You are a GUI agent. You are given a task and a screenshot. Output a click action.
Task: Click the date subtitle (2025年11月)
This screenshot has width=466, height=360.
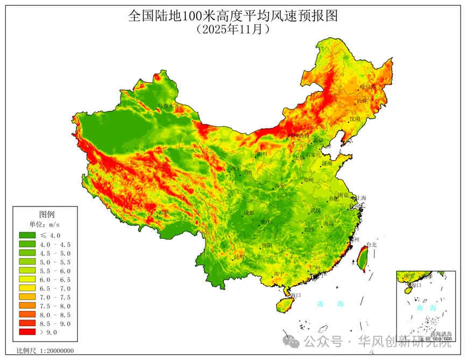(x=232, y=30)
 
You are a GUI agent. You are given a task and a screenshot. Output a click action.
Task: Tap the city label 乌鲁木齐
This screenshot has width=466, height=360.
(x=167, y=107)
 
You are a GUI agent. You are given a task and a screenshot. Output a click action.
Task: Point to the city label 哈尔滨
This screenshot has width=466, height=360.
(x=368, y=86)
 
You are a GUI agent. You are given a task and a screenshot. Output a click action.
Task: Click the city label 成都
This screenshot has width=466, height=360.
(x=249, y=213)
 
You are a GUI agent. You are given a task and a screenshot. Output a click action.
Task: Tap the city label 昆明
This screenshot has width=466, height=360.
(x=239, y=257)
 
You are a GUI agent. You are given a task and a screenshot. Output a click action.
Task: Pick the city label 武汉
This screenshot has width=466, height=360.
(x=316, y=210)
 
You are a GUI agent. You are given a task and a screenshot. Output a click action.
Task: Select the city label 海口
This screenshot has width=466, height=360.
(x=295, y=295)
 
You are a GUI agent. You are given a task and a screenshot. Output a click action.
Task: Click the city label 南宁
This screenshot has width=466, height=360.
(x=279, y=274)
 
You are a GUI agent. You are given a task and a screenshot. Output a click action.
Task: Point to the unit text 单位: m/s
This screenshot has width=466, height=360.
(x=45, y=224)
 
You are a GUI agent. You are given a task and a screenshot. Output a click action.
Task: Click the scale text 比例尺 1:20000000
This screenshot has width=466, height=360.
(x=45, y=351)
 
